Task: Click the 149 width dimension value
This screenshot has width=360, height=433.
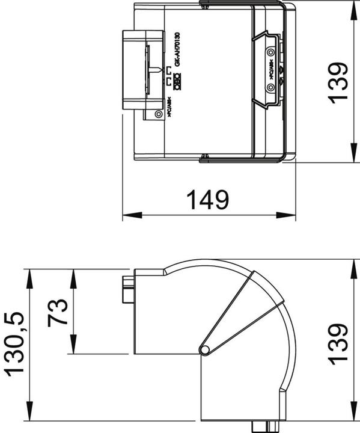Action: [x=208, y=198]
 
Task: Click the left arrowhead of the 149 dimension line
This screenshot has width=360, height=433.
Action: [x=129, y=215]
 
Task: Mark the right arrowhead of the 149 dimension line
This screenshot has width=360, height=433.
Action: [x=289, y=215]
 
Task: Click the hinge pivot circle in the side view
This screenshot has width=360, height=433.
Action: [x=204, y=349]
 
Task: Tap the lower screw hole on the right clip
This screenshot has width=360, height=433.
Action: [x=270, y=88]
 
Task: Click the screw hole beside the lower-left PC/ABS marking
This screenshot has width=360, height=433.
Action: [x=158, y=114]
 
